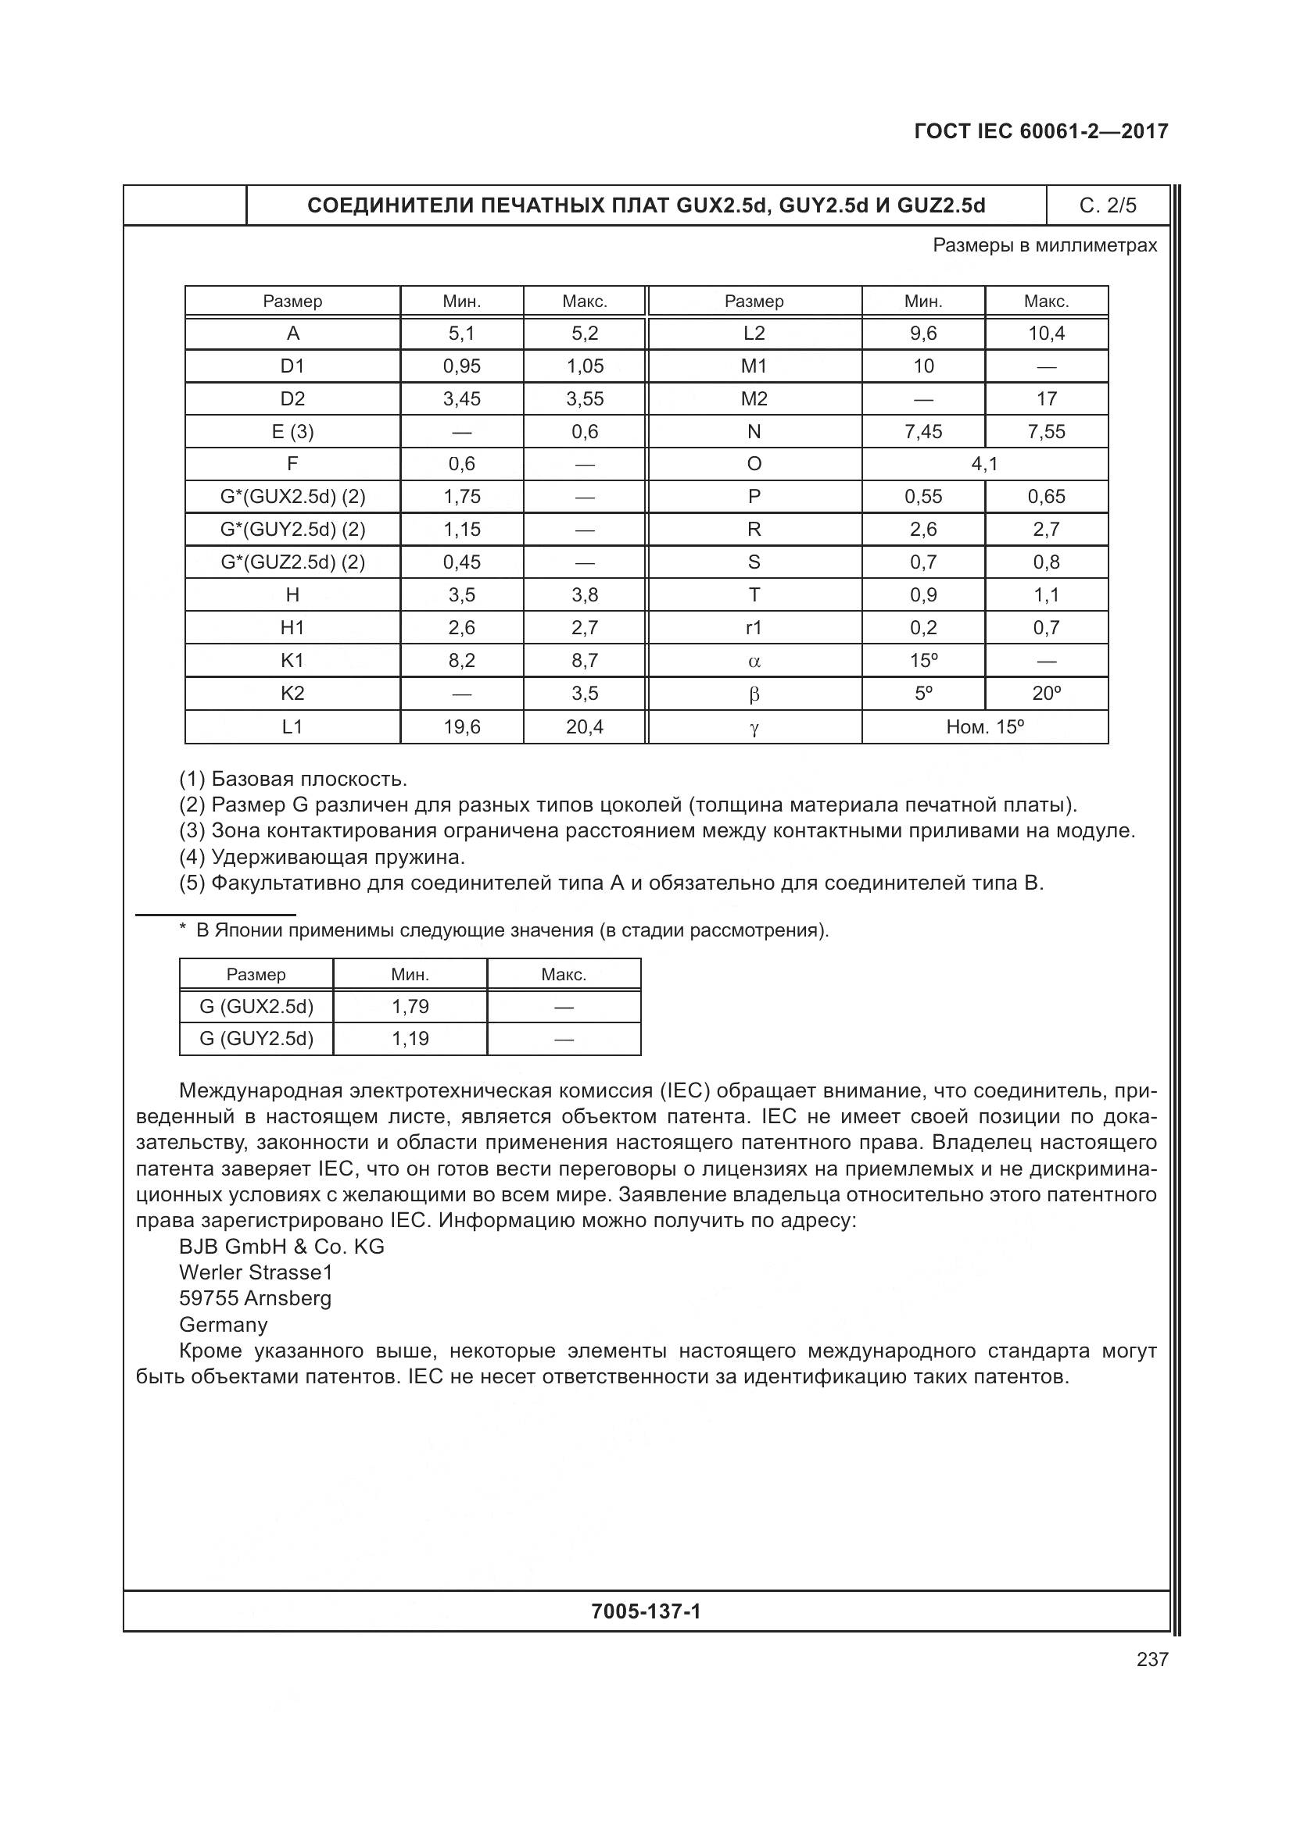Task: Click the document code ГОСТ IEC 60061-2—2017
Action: click(1040, 131)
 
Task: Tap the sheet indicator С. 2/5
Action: click(1108, 206)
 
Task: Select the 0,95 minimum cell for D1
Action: click(462, 366)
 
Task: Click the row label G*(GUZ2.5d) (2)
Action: click(292, 562)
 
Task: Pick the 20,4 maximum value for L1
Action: click(585, 726)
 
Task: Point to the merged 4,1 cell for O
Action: click(984, 464)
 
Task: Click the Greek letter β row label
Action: click(754, 694)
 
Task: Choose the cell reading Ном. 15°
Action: click(984, 726)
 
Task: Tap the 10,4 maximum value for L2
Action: click(1045, 334)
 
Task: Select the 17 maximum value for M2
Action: click(1045, 398)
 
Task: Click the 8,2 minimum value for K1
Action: click(462, 661)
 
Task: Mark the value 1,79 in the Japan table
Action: click(410, 1007)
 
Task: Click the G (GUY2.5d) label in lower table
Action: click(256, 1038)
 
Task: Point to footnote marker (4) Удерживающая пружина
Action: click(321, 857)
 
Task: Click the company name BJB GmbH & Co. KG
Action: click(282, 1247)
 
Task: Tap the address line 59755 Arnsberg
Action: click(255, 1299)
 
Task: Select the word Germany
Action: click(224, 1325)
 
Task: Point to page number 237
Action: click(1152, 1660)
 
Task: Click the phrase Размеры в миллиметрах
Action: click(1044, 245)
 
